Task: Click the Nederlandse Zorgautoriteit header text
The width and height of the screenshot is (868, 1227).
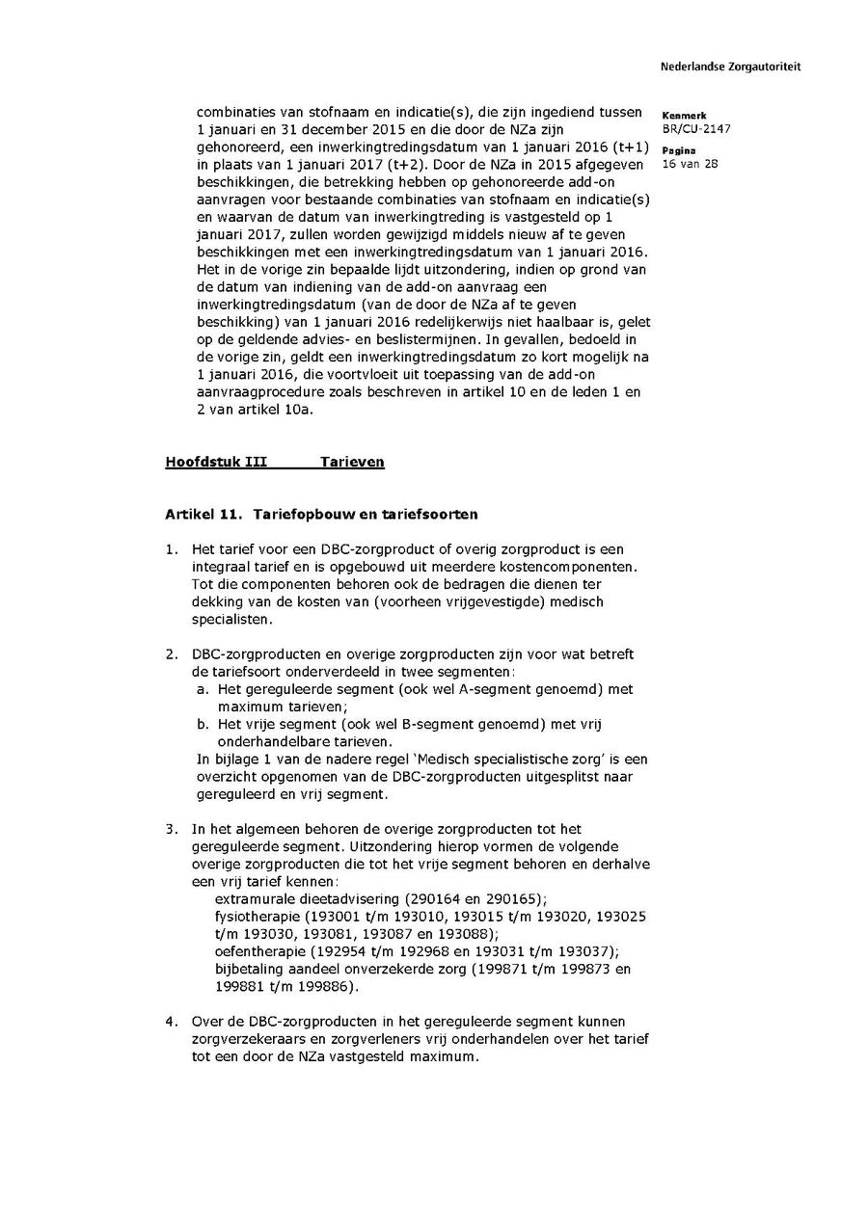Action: coord(730,67)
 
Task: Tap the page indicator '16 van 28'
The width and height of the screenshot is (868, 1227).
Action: coord(691,164)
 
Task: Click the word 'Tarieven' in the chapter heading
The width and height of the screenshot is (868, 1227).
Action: coord(352,462)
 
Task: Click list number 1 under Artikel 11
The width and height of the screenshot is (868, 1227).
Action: coord(171,549)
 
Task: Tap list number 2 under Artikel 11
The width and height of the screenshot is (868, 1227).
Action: coord(171,654)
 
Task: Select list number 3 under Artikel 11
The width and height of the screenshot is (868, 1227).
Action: coord(171,829)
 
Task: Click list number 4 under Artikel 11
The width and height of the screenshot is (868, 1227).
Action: coord(171,1021)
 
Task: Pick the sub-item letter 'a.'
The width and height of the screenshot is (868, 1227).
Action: coord(203,689)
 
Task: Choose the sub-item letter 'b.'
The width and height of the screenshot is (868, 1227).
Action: coord(203,724)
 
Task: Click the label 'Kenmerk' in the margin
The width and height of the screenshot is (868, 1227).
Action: coord(684,116)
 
